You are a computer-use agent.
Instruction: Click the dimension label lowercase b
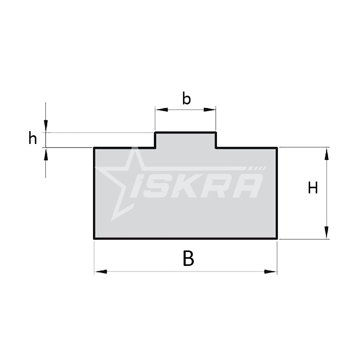tap(187, 98)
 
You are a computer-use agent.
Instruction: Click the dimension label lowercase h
tap(33, 138)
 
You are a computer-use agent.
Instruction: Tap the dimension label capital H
tap(313, 188)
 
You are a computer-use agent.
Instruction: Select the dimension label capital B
tap(189, 259)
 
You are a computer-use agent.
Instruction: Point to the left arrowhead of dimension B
tap(100, 271)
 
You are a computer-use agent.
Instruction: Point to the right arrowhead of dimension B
tap(271, 271)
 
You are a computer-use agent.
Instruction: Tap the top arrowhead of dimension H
tap(326, 153)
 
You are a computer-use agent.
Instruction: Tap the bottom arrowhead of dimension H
tap(326, 233)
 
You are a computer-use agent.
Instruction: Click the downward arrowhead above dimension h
tap(46, 126)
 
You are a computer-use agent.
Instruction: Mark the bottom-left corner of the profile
tap(94, 239)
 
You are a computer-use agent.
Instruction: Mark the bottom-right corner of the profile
tap(277, 239)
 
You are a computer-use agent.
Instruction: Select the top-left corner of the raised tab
tap(155, 133)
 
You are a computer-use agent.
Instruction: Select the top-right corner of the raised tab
tap(215, 133)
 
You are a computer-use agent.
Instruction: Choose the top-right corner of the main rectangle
tap(277, 148)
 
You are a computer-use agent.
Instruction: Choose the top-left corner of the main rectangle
tap(94, 148)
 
